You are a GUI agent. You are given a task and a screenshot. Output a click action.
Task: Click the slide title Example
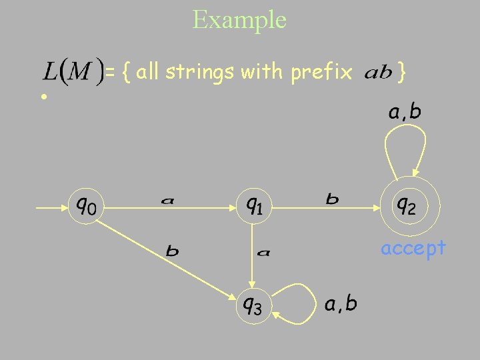point(239,19)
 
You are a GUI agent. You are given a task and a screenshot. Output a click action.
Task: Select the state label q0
point(85,204)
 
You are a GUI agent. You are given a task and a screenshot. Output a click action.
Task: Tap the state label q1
point(253,204)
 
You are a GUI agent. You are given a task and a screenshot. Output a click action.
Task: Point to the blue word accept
point(413,248)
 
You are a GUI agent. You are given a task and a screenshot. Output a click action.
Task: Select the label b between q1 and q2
point(331,199)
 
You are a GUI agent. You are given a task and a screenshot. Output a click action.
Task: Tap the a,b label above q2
point(405,111)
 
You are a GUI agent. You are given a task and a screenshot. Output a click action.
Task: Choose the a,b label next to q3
point(341,304)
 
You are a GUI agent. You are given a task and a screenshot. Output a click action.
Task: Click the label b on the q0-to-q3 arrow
point(172,251)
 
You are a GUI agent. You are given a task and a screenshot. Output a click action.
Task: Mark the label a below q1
point(264,252)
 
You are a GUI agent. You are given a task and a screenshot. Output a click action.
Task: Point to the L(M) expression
point(73,71)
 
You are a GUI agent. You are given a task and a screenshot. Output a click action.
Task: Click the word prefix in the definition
point(321,71)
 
